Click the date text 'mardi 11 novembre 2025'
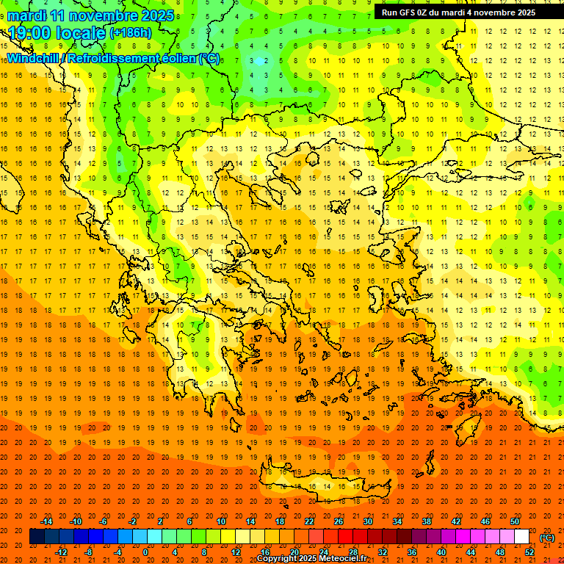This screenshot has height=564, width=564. pyautogui.click(x=91, y=15)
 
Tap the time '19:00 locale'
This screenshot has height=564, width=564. pyautogui.click(x=57, y=33)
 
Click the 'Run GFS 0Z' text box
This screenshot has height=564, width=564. pyautogui.click(x=469, y=12)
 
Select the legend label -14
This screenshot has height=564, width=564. pyautogui.click(x=46, y=521)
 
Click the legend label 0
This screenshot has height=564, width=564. pyautogui.click(x=145, y=552)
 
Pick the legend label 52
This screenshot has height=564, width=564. pyautogui.click(x=529, y=552)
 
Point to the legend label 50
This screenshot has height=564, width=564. pyautogui.click(x=515, y=521)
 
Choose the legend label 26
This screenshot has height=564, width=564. pyautogui.click(x=339, y=521)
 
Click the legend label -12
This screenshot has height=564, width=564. pyautogui.click(x=61, y=552)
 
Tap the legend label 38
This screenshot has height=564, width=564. pyautogui.click(x=427, y=521)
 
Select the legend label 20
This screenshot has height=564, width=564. pyautogui.click(x=294, y=552)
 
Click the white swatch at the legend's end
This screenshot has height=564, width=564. pyautogui.click(x=521, y=537)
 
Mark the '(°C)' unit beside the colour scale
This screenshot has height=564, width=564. pyautogui.click(x=547, y=538)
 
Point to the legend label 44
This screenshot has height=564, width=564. pyautogui.click(x=471, y=552)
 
